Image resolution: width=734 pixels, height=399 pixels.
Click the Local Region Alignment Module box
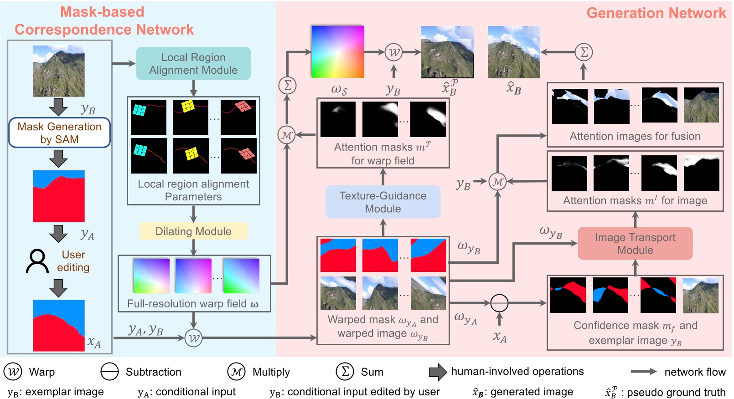tap(193, 64)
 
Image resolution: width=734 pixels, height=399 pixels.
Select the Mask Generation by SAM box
tap(59, 133)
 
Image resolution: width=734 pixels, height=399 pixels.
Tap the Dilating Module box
tap(193, 231)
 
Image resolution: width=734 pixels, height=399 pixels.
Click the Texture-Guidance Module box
tap(383, 202)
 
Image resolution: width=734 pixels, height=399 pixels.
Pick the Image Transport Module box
tap(635, 243)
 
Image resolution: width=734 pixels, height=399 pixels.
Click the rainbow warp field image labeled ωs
tap(337, 51)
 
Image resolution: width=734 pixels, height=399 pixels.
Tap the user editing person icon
tap(37, 261)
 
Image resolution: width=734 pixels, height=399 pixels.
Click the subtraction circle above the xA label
tap(499, 302)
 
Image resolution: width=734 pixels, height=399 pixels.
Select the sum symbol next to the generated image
tap(584, 52)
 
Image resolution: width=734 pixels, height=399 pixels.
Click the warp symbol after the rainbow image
tap(393, 52)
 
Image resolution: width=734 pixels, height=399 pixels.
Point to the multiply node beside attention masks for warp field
tap(287, 135)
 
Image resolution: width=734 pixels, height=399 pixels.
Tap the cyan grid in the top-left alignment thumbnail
tap(139, 110)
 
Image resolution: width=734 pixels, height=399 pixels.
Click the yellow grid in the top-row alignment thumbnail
tap(188, 106)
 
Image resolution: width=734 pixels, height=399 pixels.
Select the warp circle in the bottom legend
tap(13, 372)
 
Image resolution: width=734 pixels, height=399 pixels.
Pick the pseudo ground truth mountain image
tap(447, 52)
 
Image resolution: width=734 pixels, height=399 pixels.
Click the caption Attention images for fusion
tap(635, 136)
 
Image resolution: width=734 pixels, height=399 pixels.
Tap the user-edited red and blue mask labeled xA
tap(59, 325)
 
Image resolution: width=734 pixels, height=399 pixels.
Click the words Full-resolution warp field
tap(187, 304)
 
